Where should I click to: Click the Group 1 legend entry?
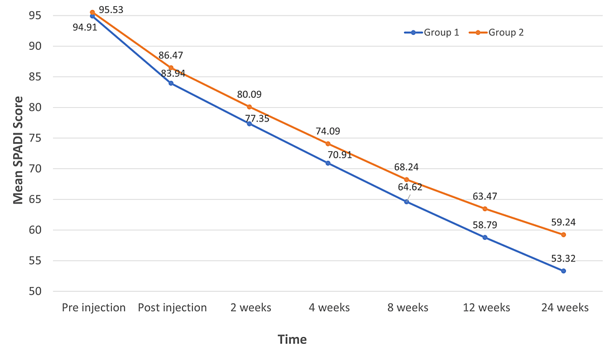[x=432, y=32]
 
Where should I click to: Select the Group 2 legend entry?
[x=496, y=32]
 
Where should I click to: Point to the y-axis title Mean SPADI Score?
[x=18, y=151]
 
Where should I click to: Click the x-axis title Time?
[x=292, y=339]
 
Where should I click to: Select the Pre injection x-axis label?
[x=93, y=308]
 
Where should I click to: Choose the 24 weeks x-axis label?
[x=565, y=308]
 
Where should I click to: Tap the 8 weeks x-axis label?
[x=408, y=308]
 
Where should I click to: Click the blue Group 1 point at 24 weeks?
[x=564, y=271]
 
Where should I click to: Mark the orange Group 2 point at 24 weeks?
[x=564, y=235]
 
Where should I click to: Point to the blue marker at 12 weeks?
[x=484, y=237]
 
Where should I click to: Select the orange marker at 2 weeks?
[x=250, y=107]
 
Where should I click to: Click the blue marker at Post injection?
[x=171, y=83]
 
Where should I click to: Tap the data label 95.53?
[x=111, y=10]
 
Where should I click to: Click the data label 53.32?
[x=564, y=258]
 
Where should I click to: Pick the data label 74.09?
[x=328, y=131]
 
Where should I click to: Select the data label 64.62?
[x=410, y=187]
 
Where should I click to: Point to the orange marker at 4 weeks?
[x=328, y=144]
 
